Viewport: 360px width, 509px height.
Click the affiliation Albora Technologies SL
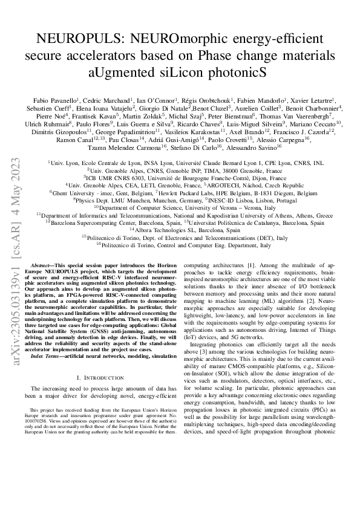tap(185, 230)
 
